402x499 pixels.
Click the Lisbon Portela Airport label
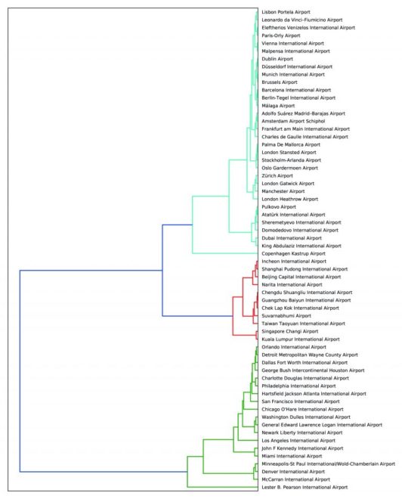pos(286,12)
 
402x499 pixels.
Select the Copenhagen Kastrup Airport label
pos(293,253)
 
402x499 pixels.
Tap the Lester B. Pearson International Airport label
pos(305,487)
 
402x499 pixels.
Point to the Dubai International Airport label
pos(292,238)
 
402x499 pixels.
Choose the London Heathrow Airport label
pos(289,199)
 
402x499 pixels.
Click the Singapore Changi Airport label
pos(289,331)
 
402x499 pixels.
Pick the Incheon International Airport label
pos(294,262)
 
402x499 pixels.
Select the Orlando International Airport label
pos(294,347)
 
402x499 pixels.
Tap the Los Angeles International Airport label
pos(298,441)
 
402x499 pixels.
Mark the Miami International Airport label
pos(292,456)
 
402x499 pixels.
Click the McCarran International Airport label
pos(295,479)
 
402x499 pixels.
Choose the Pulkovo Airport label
pos(279,207)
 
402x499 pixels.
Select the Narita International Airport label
pos(292,285)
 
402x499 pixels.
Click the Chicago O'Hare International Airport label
pos(302,409)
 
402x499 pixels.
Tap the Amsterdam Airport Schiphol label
pos(293,121)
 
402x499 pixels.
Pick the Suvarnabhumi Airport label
pos(286,316)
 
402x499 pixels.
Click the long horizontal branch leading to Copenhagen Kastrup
pos(225,253)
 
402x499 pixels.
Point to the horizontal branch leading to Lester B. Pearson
pos(223,487)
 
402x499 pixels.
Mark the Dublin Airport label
pos(277,59)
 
